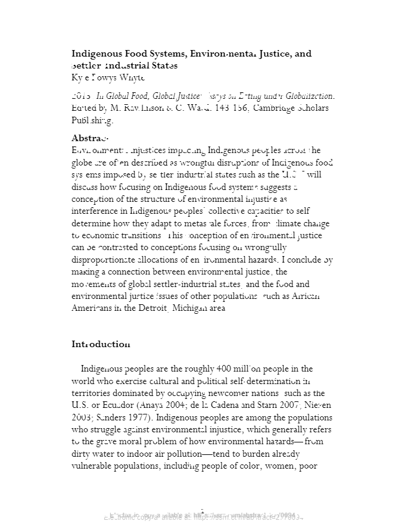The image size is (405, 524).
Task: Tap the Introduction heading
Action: tap(101, 344)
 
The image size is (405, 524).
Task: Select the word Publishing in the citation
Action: tap(92, 120)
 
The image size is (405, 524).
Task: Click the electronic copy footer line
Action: tap(202, 516)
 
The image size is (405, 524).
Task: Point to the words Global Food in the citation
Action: tap(122, 95)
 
